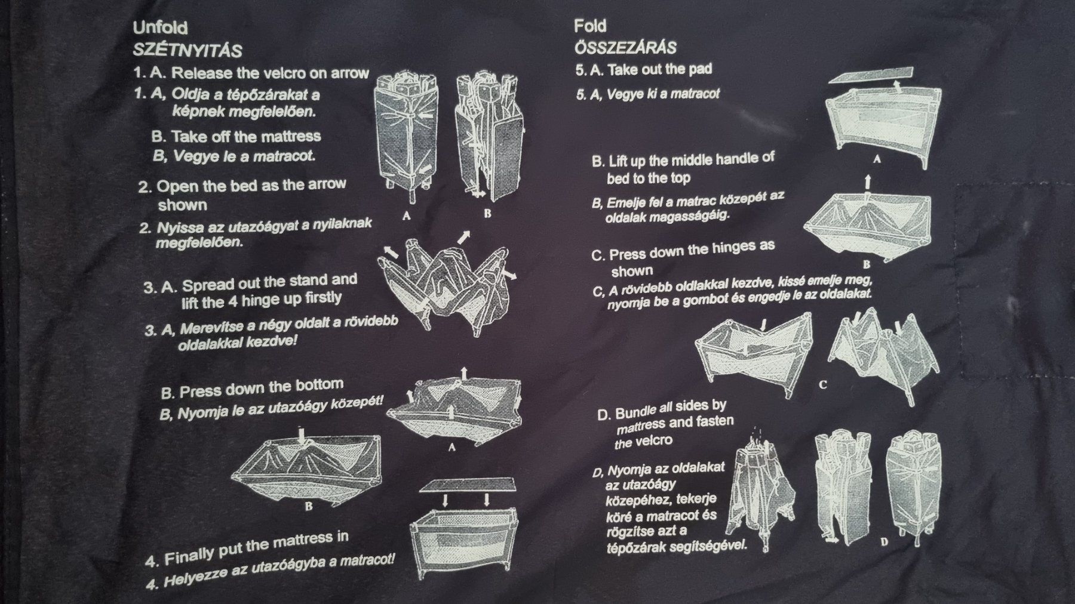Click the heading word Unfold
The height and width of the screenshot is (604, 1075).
pos(160,28)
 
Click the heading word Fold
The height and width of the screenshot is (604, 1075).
pos(590,26)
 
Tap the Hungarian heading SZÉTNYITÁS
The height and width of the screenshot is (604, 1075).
pos(188,50)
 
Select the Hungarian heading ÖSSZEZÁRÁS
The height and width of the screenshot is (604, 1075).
pos(625,47)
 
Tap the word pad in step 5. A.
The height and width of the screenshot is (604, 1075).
pos(700,69)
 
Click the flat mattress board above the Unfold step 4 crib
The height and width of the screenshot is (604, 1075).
pos(468,485)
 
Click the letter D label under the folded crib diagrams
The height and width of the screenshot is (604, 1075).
pos(884,542)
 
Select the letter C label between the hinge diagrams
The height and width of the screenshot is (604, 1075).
pos(822,385)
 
